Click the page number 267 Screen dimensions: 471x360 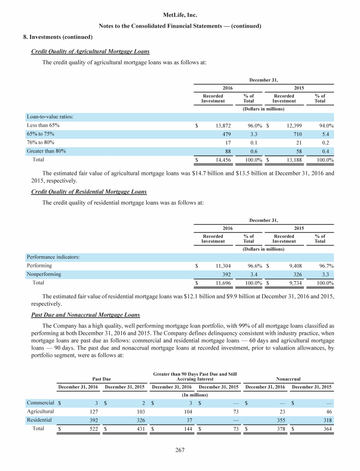[180, 451]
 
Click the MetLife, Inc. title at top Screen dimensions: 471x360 [180, 15]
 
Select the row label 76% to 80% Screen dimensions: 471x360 [39, 142]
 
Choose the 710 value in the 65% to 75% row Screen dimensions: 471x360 [297, 134]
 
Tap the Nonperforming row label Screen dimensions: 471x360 [44, 274]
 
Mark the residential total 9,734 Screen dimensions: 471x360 [293, 283]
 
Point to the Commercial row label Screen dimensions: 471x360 [40, 403]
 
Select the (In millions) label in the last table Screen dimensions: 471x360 [195, 395]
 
